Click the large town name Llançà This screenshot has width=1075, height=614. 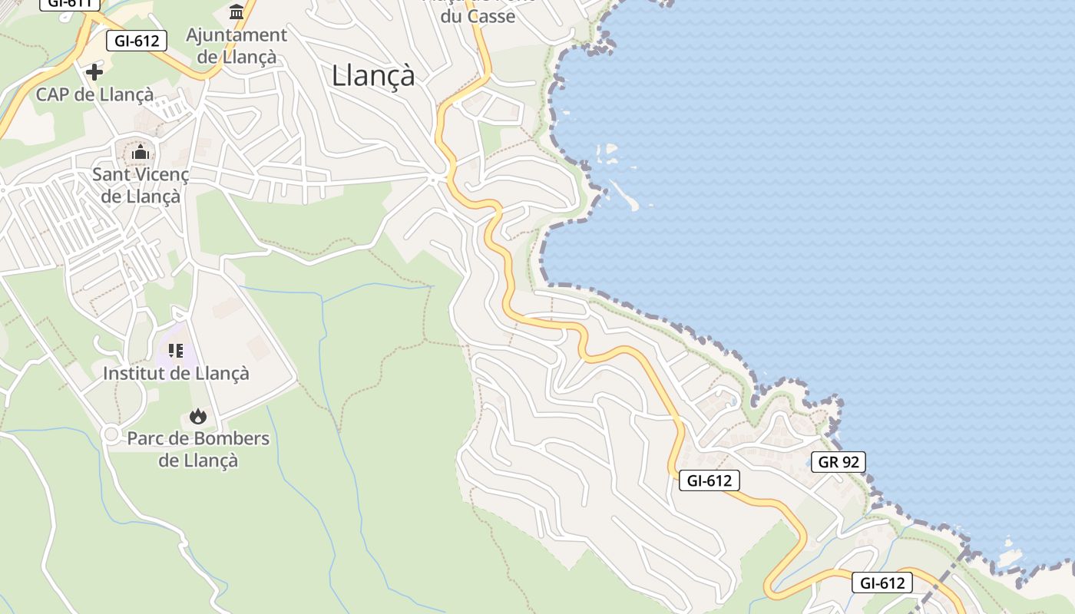point(373,76)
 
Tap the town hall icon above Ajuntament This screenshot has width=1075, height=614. point(237,12)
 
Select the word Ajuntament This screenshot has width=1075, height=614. point(237,35)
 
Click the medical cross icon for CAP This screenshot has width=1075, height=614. point(94,72)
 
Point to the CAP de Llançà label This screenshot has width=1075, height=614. point(94,94)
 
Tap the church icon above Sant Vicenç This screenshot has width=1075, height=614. point(140,152)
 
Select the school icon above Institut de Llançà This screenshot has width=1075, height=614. point(176,352)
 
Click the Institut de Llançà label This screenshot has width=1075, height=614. point(176,374)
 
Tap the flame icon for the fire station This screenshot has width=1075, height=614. point(198,417)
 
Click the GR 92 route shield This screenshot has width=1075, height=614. point(838,462)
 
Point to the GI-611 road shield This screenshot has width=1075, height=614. point(69,2)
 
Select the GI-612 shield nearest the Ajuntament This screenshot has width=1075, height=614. point(137,41)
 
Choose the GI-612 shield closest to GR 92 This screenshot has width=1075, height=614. point(709,481)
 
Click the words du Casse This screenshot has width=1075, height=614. point(478,16)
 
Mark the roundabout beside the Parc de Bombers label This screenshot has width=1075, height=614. point(111,435)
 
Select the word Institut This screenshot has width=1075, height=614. point(132,374)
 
